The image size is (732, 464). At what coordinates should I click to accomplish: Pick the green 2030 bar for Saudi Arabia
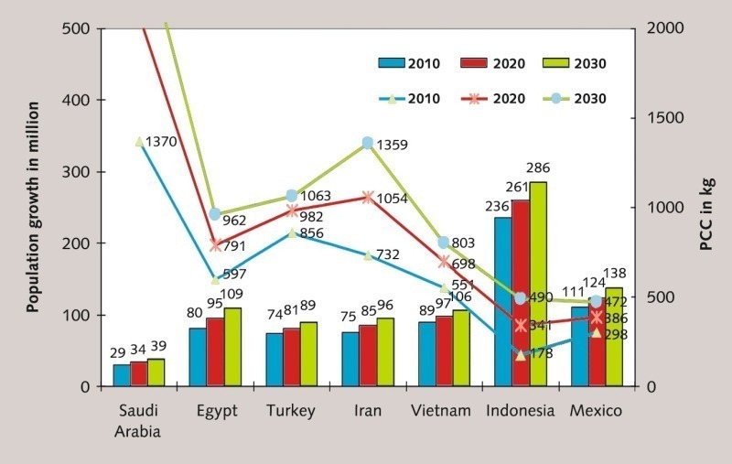pos(156,372)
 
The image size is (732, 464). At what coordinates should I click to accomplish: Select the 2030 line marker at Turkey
pos(292,196)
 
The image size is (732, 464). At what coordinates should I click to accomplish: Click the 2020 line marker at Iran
pos(368,197)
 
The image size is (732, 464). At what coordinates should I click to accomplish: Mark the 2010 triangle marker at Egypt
pos(215,279)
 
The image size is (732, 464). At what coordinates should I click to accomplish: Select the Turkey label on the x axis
pos(291,411)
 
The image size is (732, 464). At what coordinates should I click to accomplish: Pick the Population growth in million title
pos(32,206)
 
